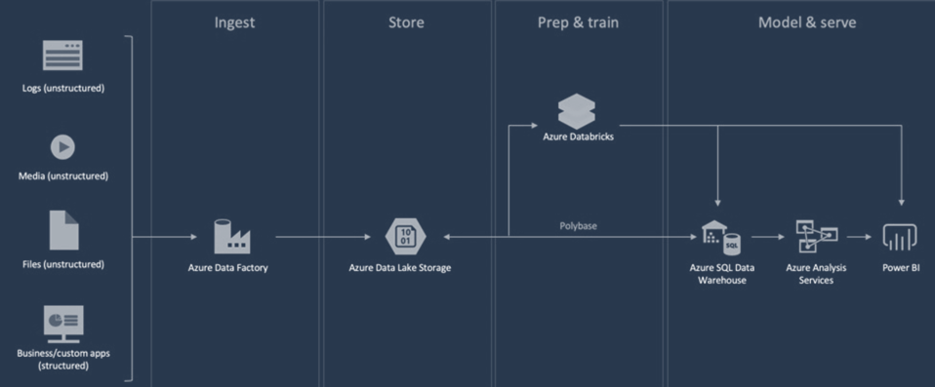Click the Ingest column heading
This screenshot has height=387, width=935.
234,22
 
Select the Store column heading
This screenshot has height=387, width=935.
406,22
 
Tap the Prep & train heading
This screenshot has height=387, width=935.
578,22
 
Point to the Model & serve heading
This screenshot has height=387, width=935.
807,22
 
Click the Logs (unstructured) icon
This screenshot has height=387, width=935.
62,56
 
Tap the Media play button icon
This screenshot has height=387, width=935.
62,147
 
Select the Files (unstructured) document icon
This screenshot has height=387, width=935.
63,230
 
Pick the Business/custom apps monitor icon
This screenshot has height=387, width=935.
63,323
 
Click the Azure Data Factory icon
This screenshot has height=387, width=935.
232,237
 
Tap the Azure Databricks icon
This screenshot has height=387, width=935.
577,111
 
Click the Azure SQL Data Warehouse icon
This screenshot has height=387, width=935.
720,238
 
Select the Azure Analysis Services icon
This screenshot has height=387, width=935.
816,237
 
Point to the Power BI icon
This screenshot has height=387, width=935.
900,237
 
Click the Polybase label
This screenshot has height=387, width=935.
579,225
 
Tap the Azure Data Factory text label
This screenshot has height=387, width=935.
227,267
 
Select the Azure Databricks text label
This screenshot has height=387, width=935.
578,136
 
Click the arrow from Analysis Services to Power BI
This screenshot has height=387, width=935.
859,237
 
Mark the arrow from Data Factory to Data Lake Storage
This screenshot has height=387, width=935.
332,237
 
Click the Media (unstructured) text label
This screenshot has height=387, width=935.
62,176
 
